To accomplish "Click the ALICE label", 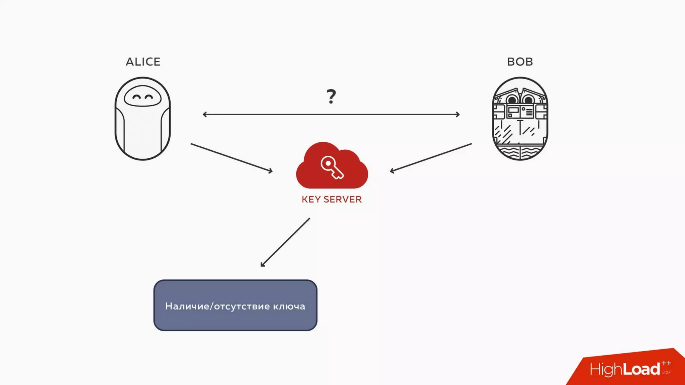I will point(143,62).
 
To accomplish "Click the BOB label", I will point(520,62).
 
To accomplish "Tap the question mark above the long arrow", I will point(331,96).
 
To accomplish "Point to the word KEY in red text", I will point(311,200).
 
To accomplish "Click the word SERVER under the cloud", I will point(342,200).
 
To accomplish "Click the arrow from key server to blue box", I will point(285,243).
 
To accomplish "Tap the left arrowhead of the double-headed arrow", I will point(205,114).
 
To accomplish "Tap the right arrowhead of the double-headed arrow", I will point(458,114).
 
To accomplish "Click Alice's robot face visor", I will point(143,97).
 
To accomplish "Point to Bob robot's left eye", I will point(512,99).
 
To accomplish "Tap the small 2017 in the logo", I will point(666,372).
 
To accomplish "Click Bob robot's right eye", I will point(528,99).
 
